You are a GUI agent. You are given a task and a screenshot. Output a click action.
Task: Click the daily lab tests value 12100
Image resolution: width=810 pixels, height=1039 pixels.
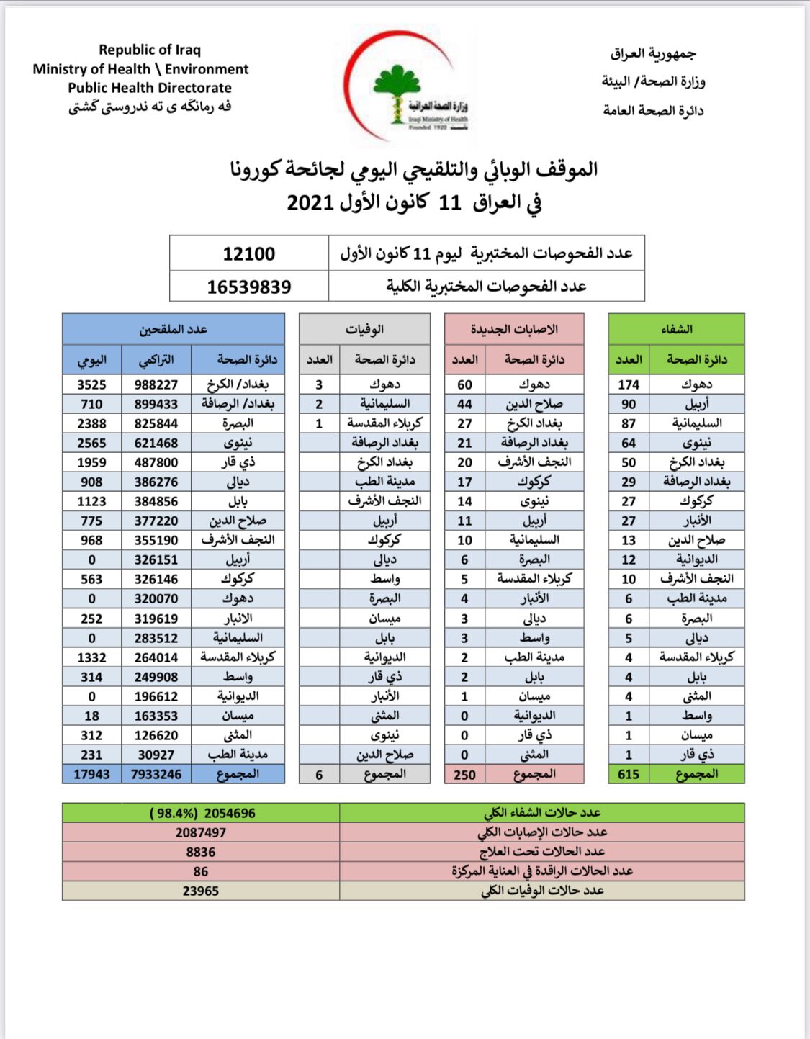[248, 254]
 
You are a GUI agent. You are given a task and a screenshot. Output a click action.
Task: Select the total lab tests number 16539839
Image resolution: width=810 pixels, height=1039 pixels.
[248, 287]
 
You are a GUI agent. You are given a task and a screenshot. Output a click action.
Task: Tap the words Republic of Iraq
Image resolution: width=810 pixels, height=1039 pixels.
[150, 50]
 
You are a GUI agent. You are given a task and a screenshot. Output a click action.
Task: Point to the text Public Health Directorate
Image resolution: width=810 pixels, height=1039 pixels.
[150, 88]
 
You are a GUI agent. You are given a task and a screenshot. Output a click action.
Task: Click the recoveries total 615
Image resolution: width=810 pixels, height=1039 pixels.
[629, 774]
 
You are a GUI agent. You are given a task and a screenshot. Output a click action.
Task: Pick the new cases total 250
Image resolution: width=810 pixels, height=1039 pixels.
[464, 775]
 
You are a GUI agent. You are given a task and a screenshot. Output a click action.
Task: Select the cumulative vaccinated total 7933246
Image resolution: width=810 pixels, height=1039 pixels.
[156, 774]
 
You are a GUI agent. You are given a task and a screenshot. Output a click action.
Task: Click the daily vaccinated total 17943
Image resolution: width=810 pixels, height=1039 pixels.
[91, 774]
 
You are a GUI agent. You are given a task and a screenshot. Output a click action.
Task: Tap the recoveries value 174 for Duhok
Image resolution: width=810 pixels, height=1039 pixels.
[629, 384]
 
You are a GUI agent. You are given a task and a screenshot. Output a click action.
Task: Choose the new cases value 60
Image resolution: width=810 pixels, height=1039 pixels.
[464, 384]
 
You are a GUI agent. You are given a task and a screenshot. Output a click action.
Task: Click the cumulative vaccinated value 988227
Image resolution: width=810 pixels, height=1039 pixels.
[156, 384]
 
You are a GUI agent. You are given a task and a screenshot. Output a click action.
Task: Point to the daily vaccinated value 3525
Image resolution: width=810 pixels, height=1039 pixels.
[91, 384]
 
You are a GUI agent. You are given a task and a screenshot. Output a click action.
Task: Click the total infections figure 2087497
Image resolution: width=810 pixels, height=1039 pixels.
[201, 832]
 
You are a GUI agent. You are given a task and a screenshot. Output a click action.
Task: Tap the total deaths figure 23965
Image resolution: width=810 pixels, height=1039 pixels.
[201, 891]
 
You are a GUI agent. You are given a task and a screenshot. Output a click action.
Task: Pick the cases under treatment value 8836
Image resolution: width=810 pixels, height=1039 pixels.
[201, 852]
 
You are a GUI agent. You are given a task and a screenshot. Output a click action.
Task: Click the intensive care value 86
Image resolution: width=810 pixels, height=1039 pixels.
[201, 871]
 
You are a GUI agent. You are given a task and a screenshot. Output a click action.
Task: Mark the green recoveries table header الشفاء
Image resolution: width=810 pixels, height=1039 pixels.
[676, 329]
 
